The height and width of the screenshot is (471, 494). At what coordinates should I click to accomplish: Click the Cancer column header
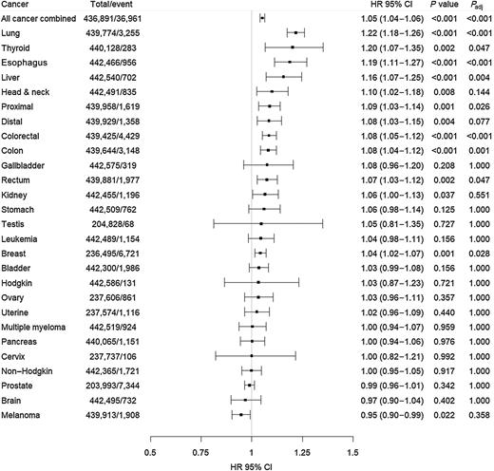pos(19,6)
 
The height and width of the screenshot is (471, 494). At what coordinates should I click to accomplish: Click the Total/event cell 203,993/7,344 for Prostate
pos(111,386)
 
